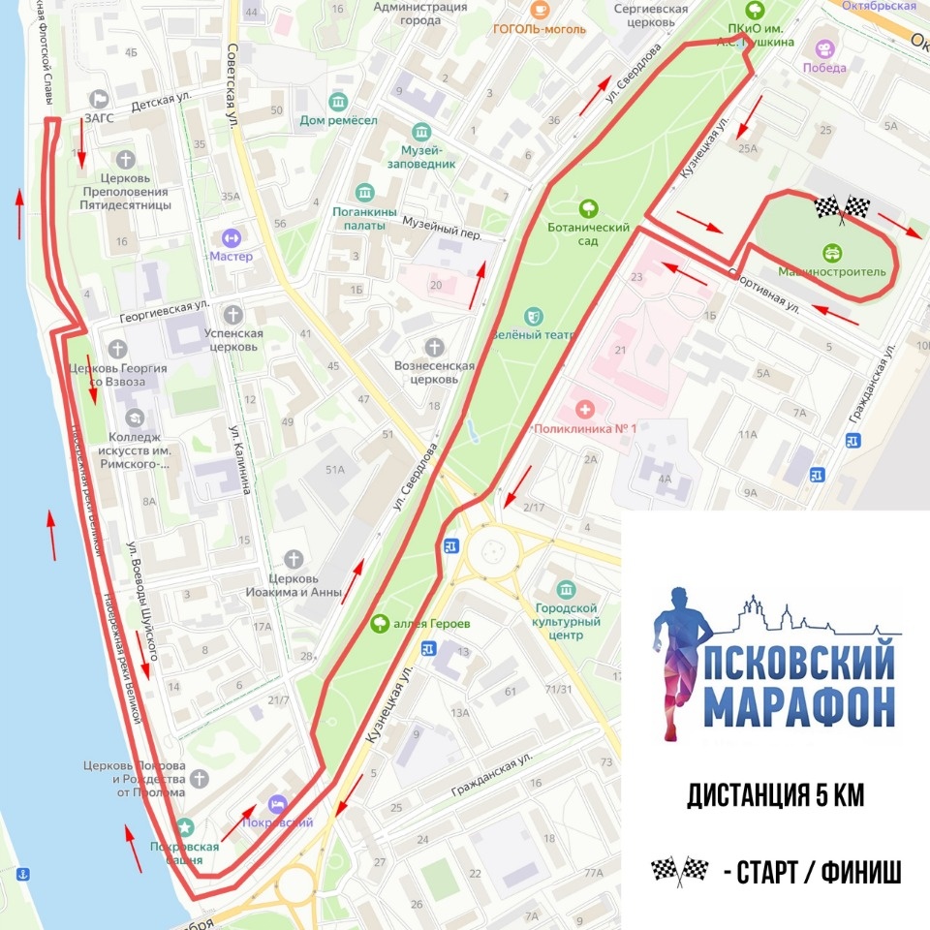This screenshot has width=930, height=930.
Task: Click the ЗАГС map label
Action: tap(99, 117)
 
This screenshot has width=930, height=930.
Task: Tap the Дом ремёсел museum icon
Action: tap(337, 102)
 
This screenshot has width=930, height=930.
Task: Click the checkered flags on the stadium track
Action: tap(842, 206)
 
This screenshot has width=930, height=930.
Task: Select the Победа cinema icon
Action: tap(823, 48)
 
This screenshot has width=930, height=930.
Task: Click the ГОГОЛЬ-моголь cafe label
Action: tap(539, 29)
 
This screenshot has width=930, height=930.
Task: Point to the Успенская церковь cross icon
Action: tap(232, 314)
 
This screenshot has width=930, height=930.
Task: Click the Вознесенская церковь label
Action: tap(434, 373)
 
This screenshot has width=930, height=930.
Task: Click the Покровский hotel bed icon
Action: tap(278, 804)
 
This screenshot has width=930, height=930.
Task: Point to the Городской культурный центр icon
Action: tap(566, 589)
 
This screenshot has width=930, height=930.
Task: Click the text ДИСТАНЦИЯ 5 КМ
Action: tap(775, 796)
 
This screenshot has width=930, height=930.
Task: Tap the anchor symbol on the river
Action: tap(24, 874)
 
